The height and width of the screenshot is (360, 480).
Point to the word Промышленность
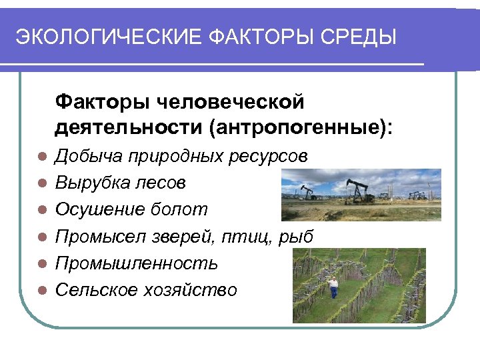click(136, 263)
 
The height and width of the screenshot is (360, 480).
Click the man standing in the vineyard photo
click(333, 287)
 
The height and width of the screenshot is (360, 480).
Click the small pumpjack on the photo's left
click(307, 192)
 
